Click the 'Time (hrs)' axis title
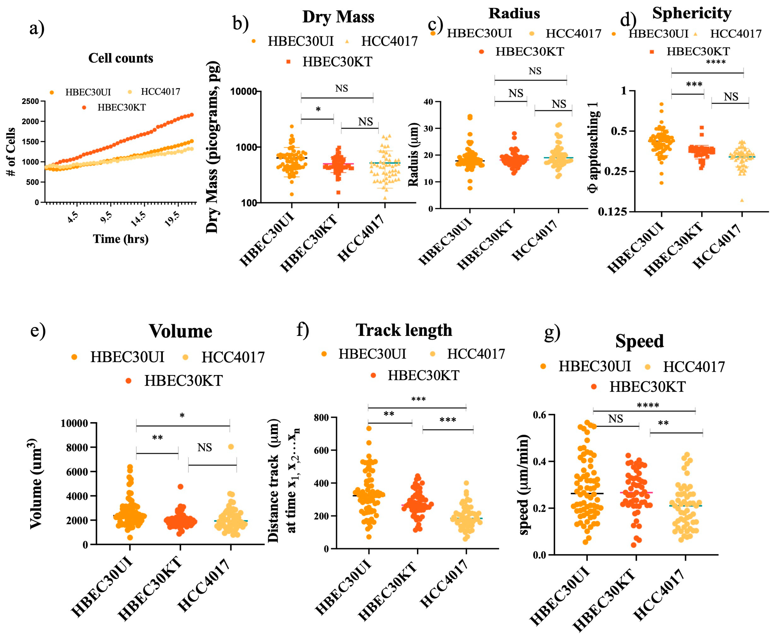click(x=121, y=239)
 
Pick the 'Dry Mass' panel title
click(x=338, y=17)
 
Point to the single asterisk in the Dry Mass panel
click(x=318, y=110)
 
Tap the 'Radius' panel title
click(x=514, y=13)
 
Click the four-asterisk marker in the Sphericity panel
click(x=716, y=62)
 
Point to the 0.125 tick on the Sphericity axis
click(x=612, y=212)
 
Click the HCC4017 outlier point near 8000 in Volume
click(x=231, y=447)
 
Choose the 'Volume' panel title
click(x=180, y=331)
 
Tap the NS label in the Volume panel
click(x=205, y=447)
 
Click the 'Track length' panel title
click(x=404, y=330)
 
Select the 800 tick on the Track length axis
click(x=321, y=418)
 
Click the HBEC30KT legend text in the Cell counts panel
click(x=121, y=107)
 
